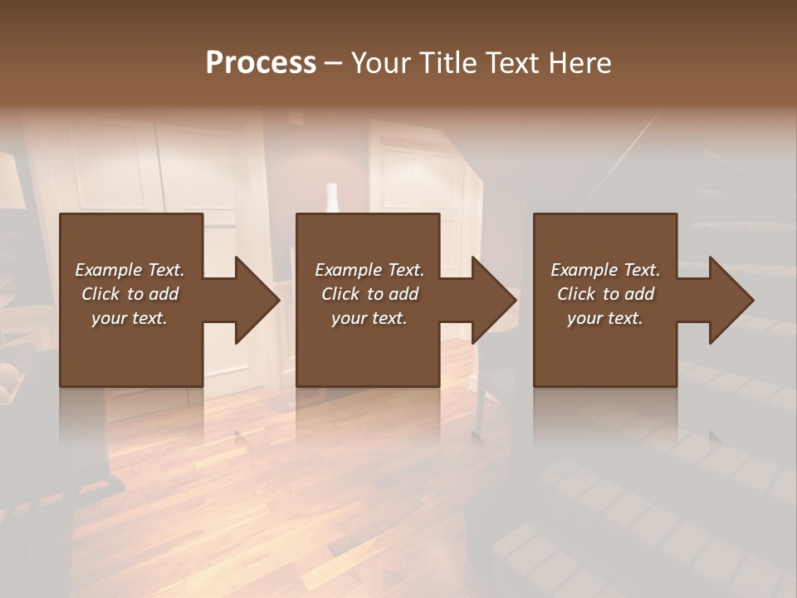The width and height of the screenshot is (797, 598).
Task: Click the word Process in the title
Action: pos(261,63)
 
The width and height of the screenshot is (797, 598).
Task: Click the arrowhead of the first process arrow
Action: pos(257,300)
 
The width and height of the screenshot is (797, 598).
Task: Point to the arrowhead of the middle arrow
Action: pos(493,300)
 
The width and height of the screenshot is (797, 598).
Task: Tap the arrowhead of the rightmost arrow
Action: pos(731,300)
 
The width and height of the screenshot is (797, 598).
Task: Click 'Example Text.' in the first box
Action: pos(130,270)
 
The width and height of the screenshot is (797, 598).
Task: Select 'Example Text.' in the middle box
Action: pos(369,270)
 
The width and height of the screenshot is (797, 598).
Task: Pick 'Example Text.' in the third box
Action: pos(605,270)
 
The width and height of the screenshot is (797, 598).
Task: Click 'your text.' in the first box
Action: pos(130,318)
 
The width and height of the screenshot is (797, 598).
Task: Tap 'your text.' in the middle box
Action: pos(369,318)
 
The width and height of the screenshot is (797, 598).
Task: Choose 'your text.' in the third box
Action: pos(605,318)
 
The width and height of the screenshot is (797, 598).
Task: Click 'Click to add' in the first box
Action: pos(130,294)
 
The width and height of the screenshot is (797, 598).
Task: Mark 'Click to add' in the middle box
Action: pos(369,294)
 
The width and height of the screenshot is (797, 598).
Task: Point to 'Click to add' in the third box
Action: pos(605,294)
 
